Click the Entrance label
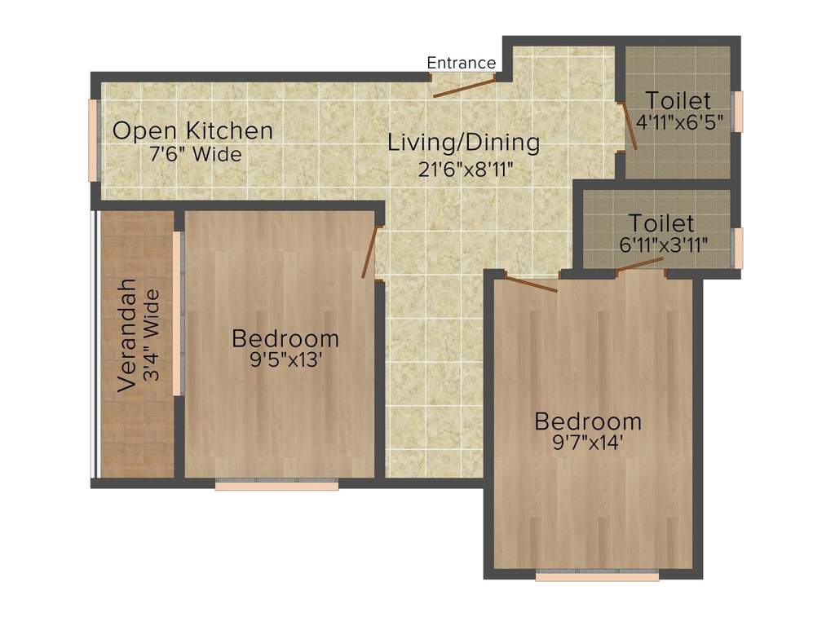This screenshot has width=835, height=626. tap(461, 63)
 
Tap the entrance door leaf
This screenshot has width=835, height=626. tap(464, 87)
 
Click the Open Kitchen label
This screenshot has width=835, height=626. tap(192, 130)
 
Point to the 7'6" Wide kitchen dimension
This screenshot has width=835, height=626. tap(196, 153)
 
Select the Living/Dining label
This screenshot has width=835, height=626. tap(463, 143)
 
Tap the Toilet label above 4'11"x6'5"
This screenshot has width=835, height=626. tap(678, 101)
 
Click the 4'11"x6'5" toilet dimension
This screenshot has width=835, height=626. tap(680, 124)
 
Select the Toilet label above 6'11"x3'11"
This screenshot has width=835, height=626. tap(661, 223)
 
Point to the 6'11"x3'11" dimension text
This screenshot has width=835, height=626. tap(663, 243)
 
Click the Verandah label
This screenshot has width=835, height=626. tap(126, 336)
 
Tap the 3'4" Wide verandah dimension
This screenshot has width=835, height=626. tap(151, 336)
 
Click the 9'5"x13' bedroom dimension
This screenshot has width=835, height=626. tap(285, 359)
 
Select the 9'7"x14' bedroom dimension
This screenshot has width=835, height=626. tap(588, 444)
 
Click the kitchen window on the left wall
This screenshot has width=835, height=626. tap(94, 140)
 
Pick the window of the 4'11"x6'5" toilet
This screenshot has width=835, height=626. tap(738, 112)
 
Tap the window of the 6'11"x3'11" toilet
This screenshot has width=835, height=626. tap(738, 248)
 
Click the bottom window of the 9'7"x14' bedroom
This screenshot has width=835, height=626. tap(597, 575)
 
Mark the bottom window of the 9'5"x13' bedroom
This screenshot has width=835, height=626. tap(276, 485)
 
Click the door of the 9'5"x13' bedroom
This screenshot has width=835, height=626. tap(370, 252)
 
